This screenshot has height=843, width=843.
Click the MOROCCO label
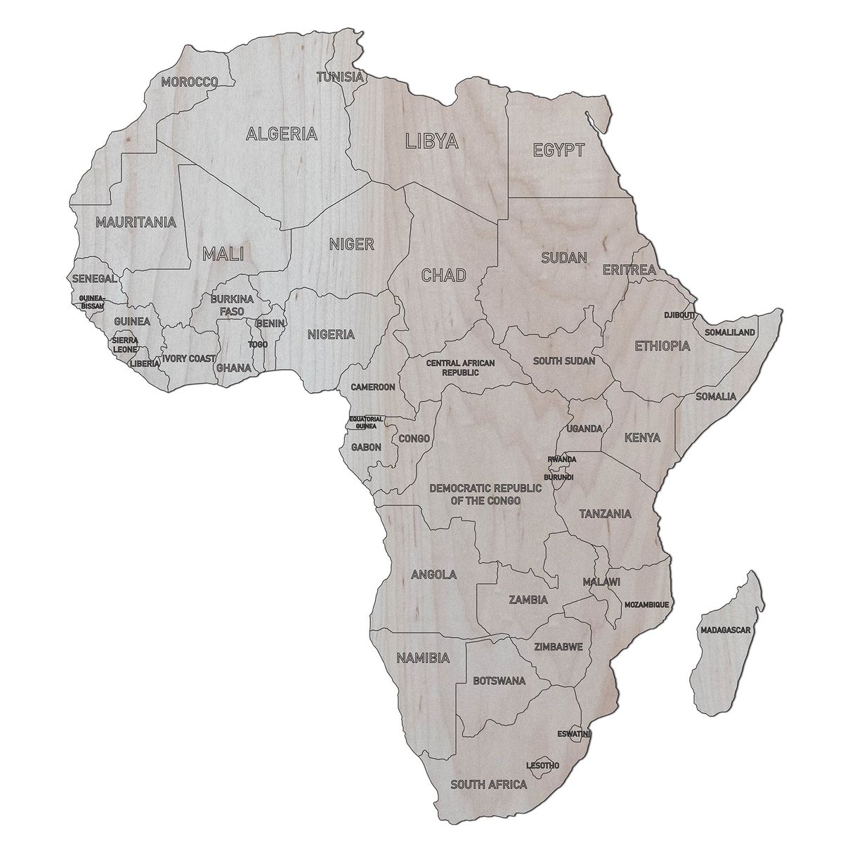point(189,82)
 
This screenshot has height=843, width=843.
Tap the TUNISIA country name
point(340,77)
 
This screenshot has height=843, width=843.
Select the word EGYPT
point(558,150)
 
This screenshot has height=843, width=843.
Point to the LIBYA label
point(432,141)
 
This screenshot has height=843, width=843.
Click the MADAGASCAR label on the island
point(726,630)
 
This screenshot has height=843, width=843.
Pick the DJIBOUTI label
point(679,315)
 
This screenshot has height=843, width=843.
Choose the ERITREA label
point(629,270)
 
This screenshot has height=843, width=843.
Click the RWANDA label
point(562,460)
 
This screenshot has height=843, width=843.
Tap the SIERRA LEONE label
point(125,344)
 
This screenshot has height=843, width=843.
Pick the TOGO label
point(258,345)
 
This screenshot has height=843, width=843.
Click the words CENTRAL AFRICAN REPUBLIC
point(461,367)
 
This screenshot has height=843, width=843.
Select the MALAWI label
point(601,582)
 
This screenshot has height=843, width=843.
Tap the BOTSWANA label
point(499,681)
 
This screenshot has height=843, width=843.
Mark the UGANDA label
point(584,428)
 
